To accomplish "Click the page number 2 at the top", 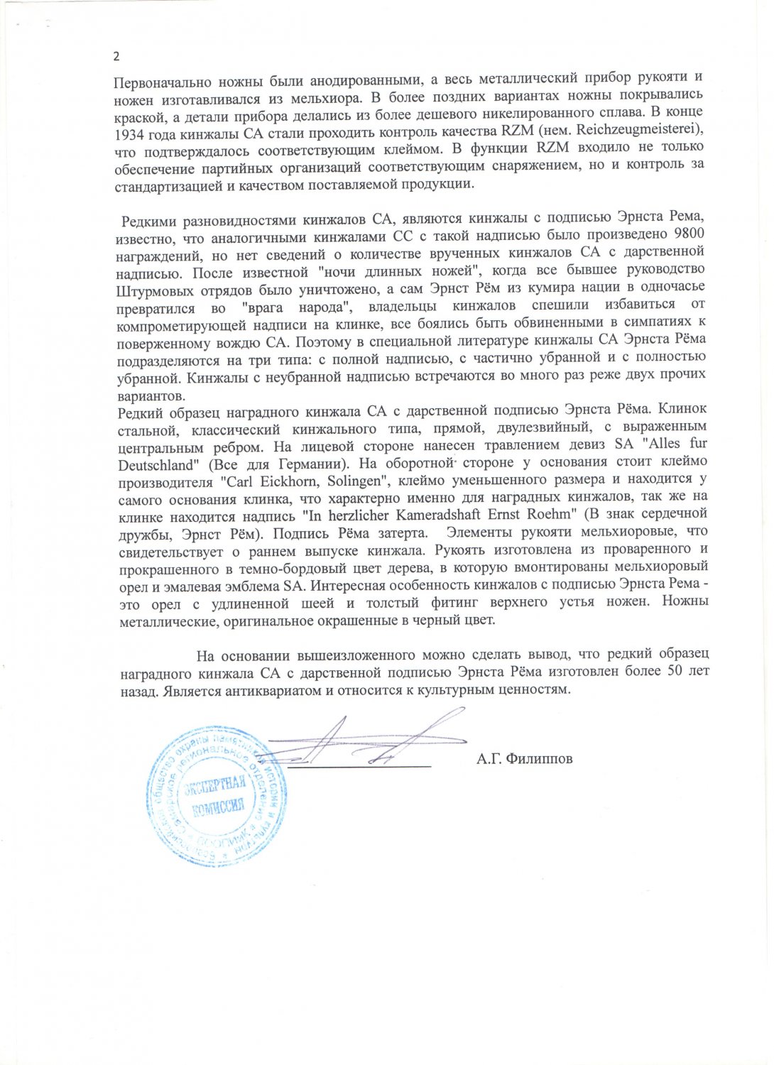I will click(x=116, y=57).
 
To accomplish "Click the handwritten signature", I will click(x=362, y=742).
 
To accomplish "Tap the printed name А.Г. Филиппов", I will click(x=525, y=759).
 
